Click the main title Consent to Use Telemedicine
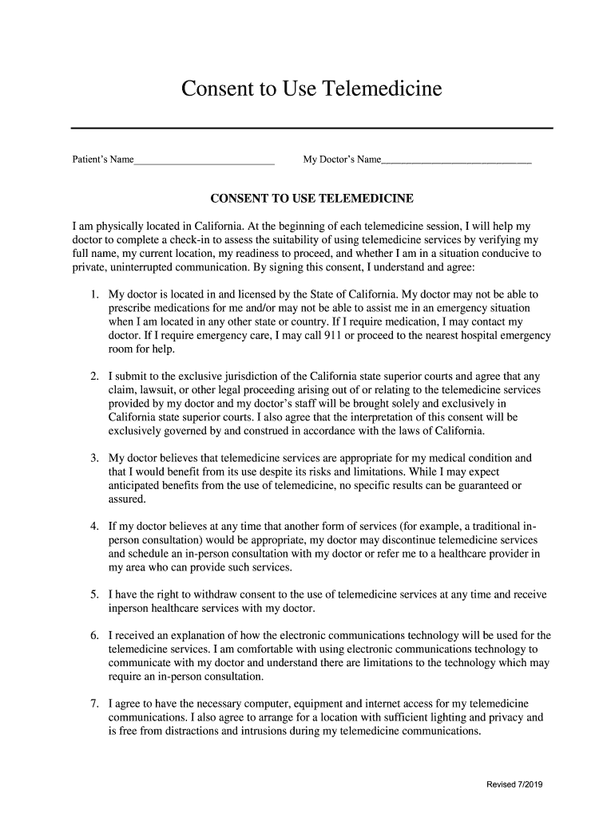311,88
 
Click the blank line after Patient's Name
204,161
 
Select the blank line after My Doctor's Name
456,161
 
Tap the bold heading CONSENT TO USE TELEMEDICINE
311,198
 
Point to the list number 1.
93,294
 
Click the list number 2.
93,376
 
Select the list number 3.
93,458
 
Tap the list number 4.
93,527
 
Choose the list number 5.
93,595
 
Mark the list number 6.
93,636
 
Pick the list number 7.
93,704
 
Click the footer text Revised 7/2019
515,785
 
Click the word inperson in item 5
131,610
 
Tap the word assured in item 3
128,499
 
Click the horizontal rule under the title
311,128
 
